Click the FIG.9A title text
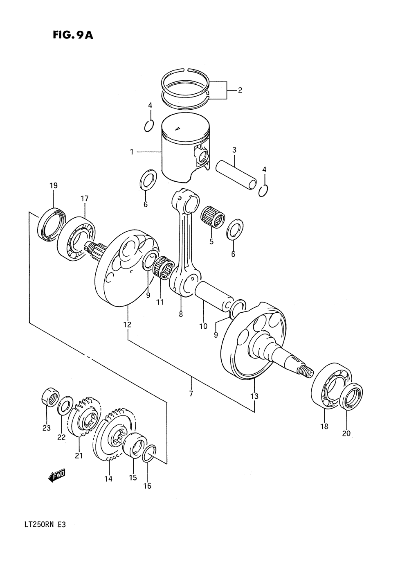coord(73,35)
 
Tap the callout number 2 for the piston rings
coord(240,90)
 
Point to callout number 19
coord(54,185)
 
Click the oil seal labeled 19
coord(50,223)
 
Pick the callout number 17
coord(85,199)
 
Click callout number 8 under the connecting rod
coord(180,314)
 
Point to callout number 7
coord(191,394)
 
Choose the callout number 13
coord(254,396)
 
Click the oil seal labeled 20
coord(351,396)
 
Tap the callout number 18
coord(324,426)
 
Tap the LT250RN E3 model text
coord(42,525)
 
